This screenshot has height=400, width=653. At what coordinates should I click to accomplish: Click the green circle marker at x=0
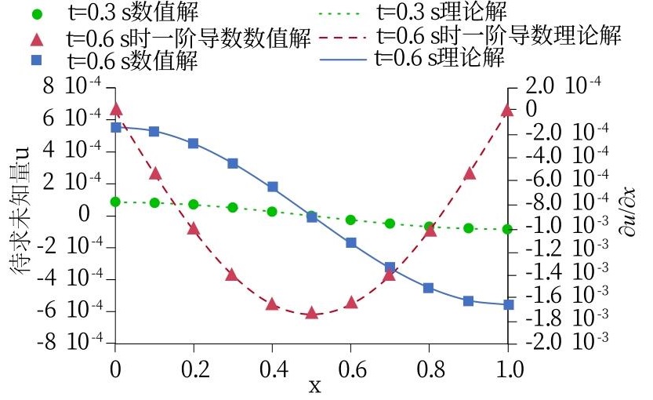pos(115,202)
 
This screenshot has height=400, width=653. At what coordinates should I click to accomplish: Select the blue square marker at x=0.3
pos(233,163)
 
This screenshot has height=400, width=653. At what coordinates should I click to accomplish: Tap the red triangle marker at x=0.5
pos(311,313)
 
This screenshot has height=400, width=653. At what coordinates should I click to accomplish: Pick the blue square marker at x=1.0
pos(508,304)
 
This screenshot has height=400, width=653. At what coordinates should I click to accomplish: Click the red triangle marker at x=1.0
pos(508,110)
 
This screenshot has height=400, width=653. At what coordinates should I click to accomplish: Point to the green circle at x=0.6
pos(350,220)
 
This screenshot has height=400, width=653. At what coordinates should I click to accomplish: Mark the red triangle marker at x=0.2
pos(194,228)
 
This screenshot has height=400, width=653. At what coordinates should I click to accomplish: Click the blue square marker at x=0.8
pos(429,288)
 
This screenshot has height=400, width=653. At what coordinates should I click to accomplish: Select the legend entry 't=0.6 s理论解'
pos(439,58)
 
